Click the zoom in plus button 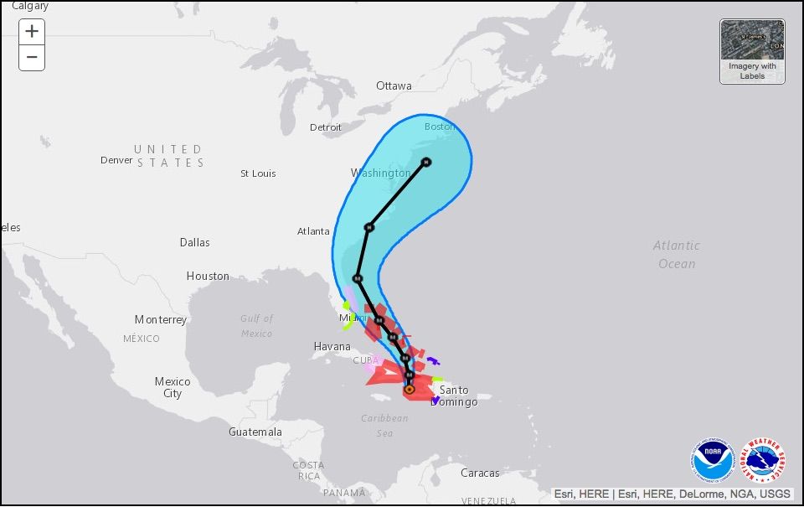32,32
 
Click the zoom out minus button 32,58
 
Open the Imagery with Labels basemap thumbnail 752,51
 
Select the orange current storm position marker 409,390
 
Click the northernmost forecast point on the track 426,162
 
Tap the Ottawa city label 394,86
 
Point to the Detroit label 326,127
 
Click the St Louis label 258,173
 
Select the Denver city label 116,160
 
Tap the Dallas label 194,242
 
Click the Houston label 208,276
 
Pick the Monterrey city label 161,320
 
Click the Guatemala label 255,432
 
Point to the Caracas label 480,473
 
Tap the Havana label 332,346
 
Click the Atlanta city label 313,231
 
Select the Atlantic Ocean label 677,254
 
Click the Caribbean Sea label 384,425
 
